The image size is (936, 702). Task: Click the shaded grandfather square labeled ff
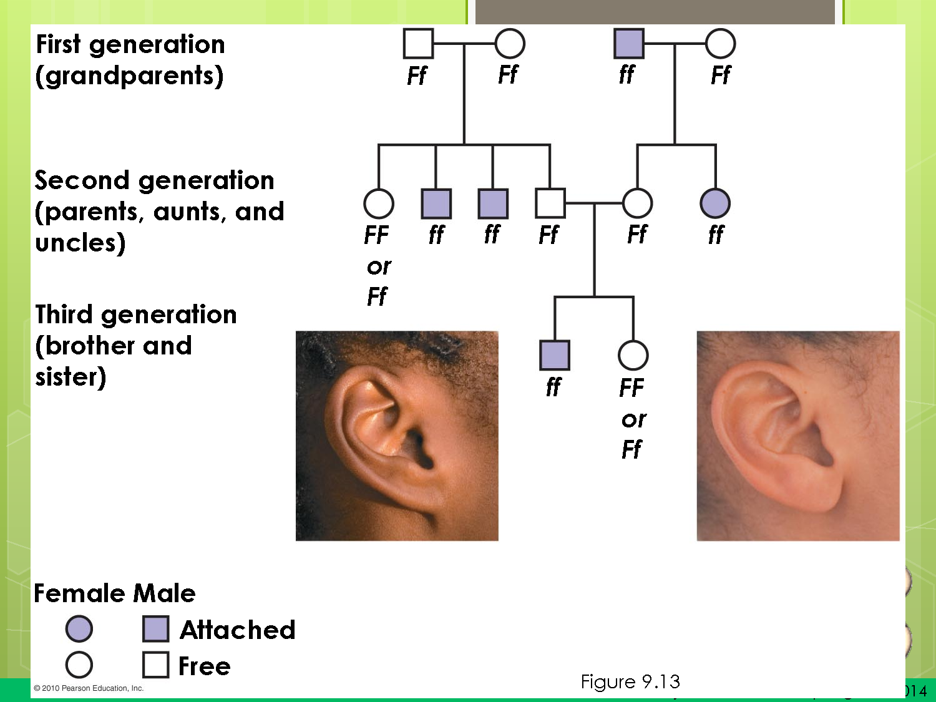[x=628, y=44]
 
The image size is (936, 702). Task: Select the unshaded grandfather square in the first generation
[x=418, y=44]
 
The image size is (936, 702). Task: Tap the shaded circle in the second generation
[x=715, y=203]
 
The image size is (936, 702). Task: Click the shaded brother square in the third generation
[x=554, y=355]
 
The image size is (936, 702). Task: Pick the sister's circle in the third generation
[x=633, y=355]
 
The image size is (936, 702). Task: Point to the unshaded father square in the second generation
[x=550, y=203]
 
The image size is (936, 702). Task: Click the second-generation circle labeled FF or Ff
[x=378, y=203]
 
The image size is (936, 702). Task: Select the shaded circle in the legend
[x=79, y=628]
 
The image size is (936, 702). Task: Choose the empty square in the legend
[x=155, y=665]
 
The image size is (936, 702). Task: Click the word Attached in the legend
[x=237, y=630]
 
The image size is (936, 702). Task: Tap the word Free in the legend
[x=204, y=666]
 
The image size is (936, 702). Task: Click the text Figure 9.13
[x=630, y=681]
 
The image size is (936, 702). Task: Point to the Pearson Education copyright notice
[x=89, y=688]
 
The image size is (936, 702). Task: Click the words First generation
[x=130, y=44]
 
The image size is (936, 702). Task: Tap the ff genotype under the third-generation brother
[x=553, y=387]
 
